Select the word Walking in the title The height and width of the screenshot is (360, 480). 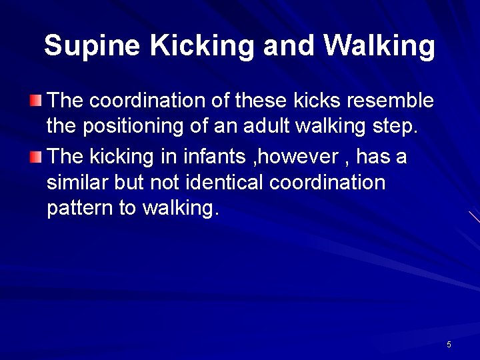point(379,45)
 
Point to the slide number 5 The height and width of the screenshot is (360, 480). point(449,345)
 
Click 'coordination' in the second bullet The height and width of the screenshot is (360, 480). point(337,183)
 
